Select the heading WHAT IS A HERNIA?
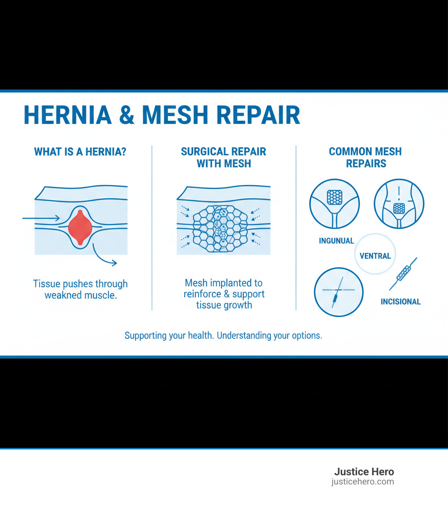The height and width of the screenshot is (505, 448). [x=80, y=152]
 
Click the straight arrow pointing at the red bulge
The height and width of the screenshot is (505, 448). [x=41, y=217]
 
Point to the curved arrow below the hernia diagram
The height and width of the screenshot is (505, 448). [x=105, y=256]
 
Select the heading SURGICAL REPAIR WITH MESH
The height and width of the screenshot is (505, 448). [x=224, y=158]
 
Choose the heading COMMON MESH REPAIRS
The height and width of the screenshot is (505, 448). [x=365, y=158]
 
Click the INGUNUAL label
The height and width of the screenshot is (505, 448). [x=336, y=241]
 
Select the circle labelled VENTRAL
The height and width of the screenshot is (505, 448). [x=375, y=256]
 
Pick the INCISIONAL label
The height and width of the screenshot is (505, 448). [x=400, y=302]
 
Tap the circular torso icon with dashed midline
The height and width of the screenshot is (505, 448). [x=399, y=203]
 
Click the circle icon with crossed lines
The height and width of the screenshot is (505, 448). [x=339, y=292]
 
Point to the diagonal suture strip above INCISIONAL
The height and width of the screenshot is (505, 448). [x=403, y=274]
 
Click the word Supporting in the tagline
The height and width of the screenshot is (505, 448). [x=146, y=336]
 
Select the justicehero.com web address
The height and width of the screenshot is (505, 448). [x=363, y=482]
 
